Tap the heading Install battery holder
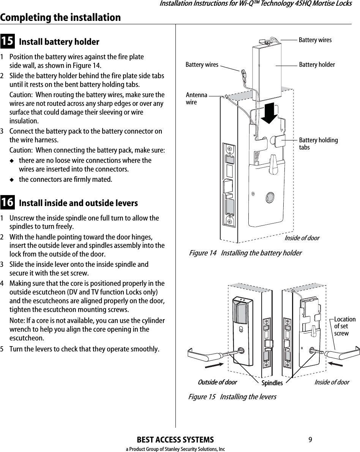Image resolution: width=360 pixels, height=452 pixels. pyautogui.click(x=59, y=42)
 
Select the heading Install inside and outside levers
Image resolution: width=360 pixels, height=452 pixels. pyautogui.click(x=78, y=203)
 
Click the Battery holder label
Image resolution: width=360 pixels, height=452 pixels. pyautogui.click(x=317, y=65)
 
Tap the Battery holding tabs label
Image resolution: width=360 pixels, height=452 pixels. pyautogui.click(x=318, y=144)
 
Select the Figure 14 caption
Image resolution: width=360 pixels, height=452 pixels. pyautogui.click(x=245, y=253)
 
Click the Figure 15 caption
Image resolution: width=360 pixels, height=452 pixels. pyautogui.click(x=232, y=397)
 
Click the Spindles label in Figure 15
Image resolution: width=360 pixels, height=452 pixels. pyautogui.click(x=272, y=383)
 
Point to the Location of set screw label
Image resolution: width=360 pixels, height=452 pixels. pyautogui.click(x=344, y=326)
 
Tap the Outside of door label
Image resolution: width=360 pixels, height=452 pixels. pyautogui.click(x=217, y=382)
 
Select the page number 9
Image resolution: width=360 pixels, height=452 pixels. pyautogui.click(x=310, y=440)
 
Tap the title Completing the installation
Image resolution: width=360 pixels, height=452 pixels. pyautogui.click(x=60, y=17)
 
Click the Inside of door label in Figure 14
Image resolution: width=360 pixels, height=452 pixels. pyautogui.click(x=302, y=238)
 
